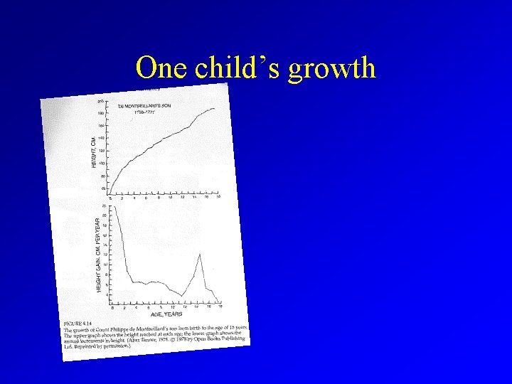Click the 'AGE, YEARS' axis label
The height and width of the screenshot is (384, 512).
[167, 314]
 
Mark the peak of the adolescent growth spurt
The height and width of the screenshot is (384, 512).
[201, 255]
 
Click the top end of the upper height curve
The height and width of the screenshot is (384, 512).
[213, 108]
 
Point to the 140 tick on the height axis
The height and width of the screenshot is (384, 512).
[103, 138]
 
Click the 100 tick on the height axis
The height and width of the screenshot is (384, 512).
[104, 163]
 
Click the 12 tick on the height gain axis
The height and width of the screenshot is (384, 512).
[106, 255]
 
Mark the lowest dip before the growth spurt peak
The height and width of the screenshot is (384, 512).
[183, 295]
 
